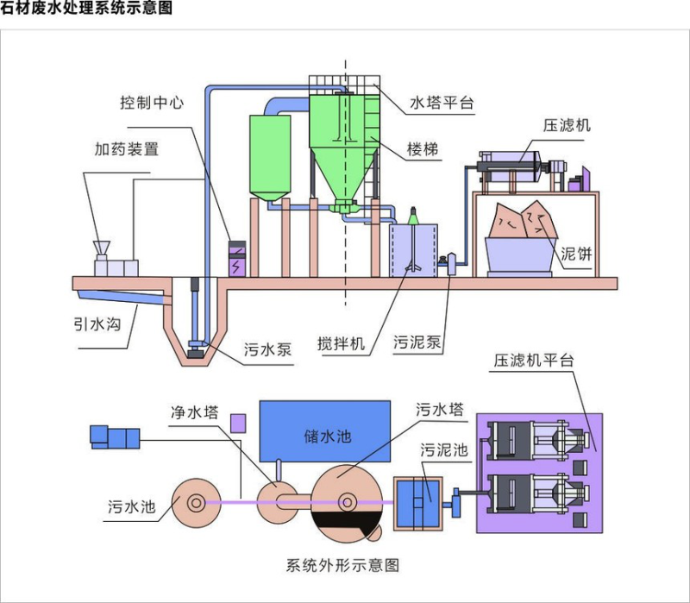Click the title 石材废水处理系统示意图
87,9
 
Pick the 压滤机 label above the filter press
567,126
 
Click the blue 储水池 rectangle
328,435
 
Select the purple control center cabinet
237,259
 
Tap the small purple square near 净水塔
238,423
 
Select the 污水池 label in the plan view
132,506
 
